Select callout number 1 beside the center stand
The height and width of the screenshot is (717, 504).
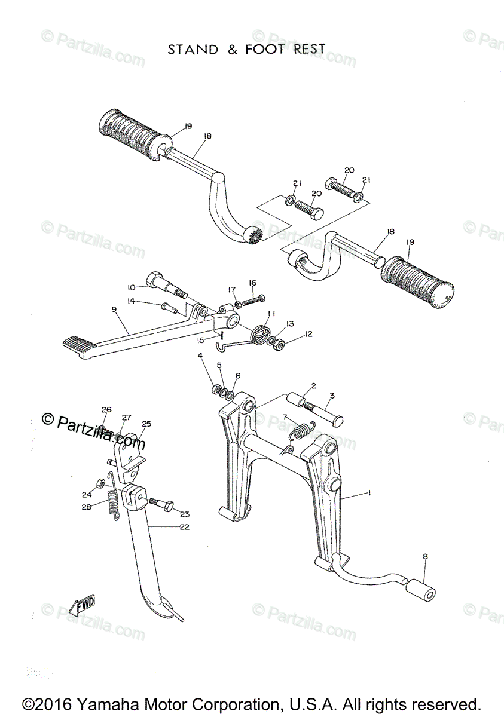click(x=369, y=494)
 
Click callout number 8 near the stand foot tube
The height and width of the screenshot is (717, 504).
click(x=425, y=557)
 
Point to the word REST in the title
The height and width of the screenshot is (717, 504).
click(x=308, y=49)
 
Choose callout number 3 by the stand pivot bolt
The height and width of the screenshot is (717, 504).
click(x=332, y=396)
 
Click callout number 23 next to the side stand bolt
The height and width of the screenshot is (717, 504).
click(x=184, y=513)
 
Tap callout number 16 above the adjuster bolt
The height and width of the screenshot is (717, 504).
click(x=252, y=283)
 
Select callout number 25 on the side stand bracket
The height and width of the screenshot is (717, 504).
click(x=146, y=424)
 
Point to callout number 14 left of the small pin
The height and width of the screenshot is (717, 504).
click(x=131, y=301)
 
